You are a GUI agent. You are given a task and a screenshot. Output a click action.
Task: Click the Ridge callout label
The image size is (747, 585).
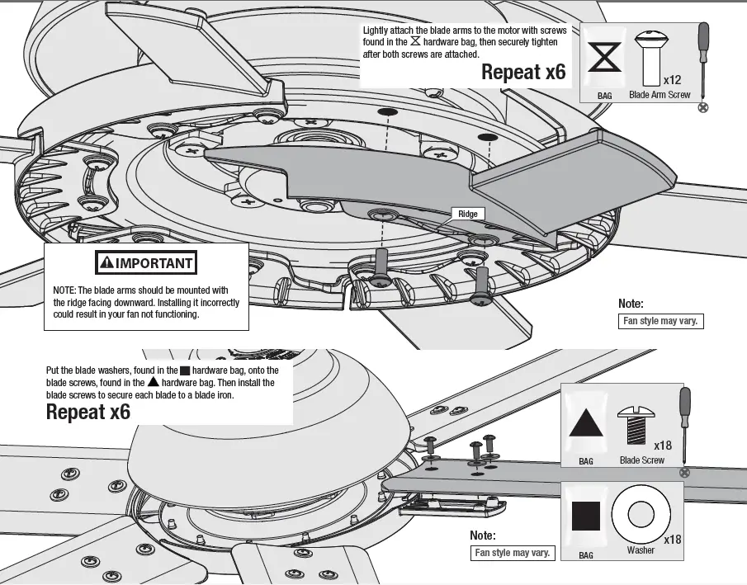point(468,214)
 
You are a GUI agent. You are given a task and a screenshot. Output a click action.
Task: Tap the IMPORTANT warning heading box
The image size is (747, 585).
point(146,264)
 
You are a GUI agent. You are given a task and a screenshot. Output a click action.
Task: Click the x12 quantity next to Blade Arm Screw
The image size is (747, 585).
point(674,81)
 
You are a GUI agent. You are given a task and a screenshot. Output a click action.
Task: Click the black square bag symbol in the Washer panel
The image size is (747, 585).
point(586,516)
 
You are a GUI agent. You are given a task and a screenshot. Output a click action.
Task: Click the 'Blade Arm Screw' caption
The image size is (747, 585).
point(660,96)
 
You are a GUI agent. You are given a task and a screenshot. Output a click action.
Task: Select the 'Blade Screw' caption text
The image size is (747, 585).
point(641,460)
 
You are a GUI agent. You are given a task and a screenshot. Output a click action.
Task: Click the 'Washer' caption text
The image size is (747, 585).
point(641,550)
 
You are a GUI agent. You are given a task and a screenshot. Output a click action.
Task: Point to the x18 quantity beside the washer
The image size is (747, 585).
point(673,540)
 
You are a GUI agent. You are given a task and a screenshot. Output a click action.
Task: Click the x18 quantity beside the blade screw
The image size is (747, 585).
point(663,446)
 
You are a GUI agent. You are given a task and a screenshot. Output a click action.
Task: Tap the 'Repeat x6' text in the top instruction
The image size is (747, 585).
point(523,73)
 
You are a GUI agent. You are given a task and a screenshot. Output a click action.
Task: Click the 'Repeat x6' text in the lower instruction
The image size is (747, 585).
point(88,412)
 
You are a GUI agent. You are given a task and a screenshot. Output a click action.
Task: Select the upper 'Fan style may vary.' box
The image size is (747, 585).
point(661,321)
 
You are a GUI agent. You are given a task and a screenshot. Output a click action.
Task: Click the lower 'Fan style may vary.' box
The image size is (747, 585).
point(512,553)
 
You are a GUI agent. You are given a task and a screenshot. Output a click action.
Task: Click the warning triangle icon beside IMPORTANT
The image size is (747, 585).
point(106,264)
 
